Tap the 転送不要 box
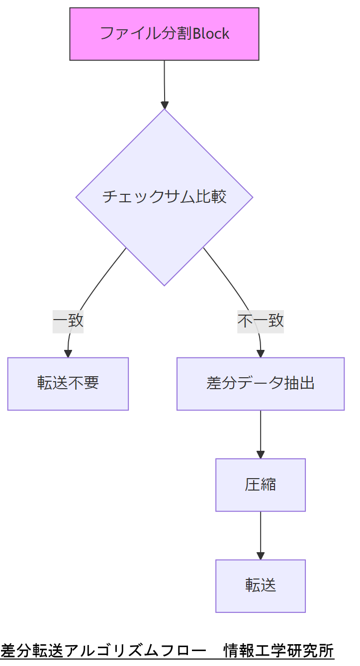point(68,384)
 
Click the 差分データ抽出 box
point(260,384)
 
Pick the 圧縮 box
point(260,485)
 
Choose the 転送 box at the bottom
point(260,586)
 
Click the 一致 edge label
point(68,321)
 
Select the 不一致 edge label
point(260,321)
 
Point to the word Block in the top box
point(211,34)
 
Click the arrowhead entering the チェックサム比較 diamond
point(165,105)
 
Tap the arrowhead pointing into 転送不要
point(68,354)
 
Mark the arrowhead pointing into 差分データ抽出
point(260,354)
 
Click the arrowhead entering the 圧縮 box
point(260,455)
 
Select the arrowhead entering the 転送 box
point(260,556)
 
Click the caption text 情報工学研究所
point(278,650)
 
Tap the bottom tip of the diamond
point(164,285)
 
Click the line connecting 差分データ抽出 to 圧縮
point(260,430)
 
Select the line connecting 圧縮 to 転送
point(260,531)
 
